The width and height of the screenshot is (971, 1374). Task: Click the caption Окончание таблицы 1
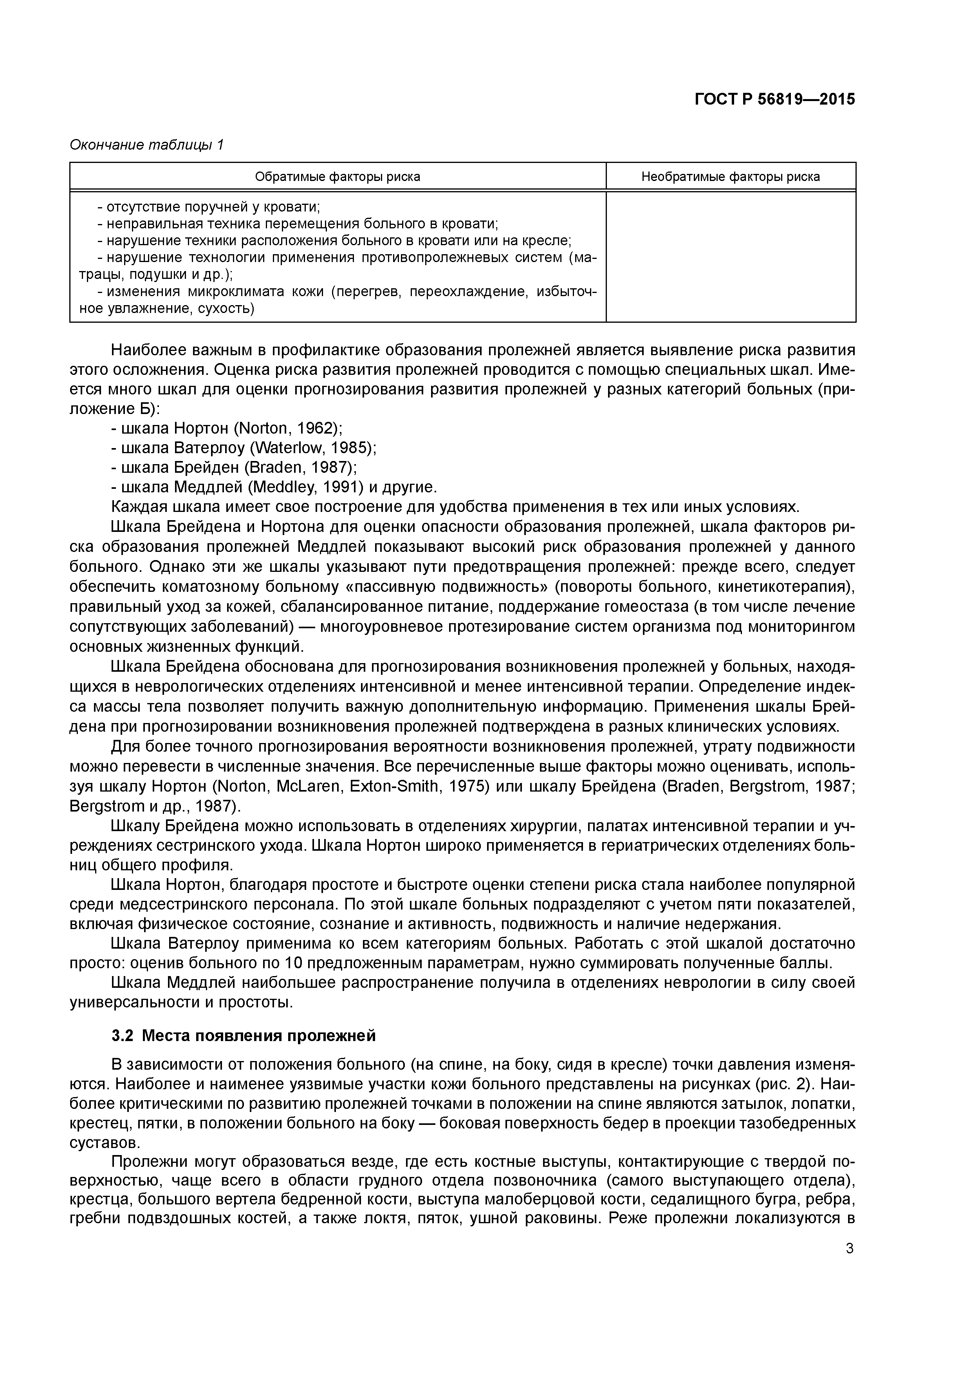(x=146, y=145)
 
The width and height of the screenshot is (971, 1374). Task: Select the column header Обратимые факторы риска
(x=338, y=177)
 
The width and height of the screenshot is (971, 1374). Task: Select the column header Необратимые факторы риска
(x=731, y=177)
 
